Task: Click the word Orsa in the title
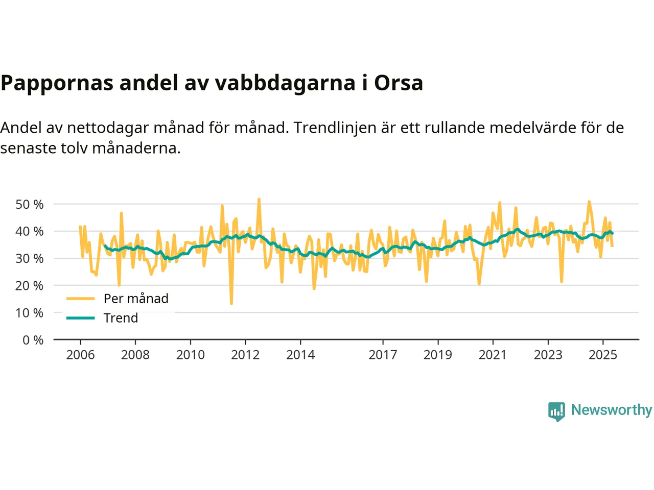[x=399, y=83]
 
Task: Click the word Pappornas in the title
[x=57, y=83]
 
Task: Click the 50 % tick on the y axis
[x=30, y=204]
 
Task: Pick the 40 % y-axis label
[x=30, y=231]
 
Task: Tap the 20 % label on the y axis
[x=30, y=286]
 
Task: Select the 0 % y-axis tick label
[x=33, y=340]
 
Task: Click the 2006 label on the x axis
[x=80, y=355]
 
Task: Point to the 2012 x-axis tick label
[x=245, y=355]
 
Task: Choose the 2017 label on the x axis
[x=383, y=355]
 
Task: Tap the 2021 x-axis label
[x=493, y=355]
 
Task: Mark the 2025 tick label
[x=603, y=355]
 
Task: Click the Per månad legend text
[x=136, y=299]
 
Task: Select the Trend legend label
[x=121, y=318]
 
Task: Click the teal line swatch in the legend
[x=81, y=318]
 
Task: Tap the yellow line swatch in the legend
[x=81, y=299]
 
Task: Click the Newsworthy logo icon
[x=556, y=411]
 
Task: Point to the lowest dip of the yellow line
[x=231, y=304]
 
